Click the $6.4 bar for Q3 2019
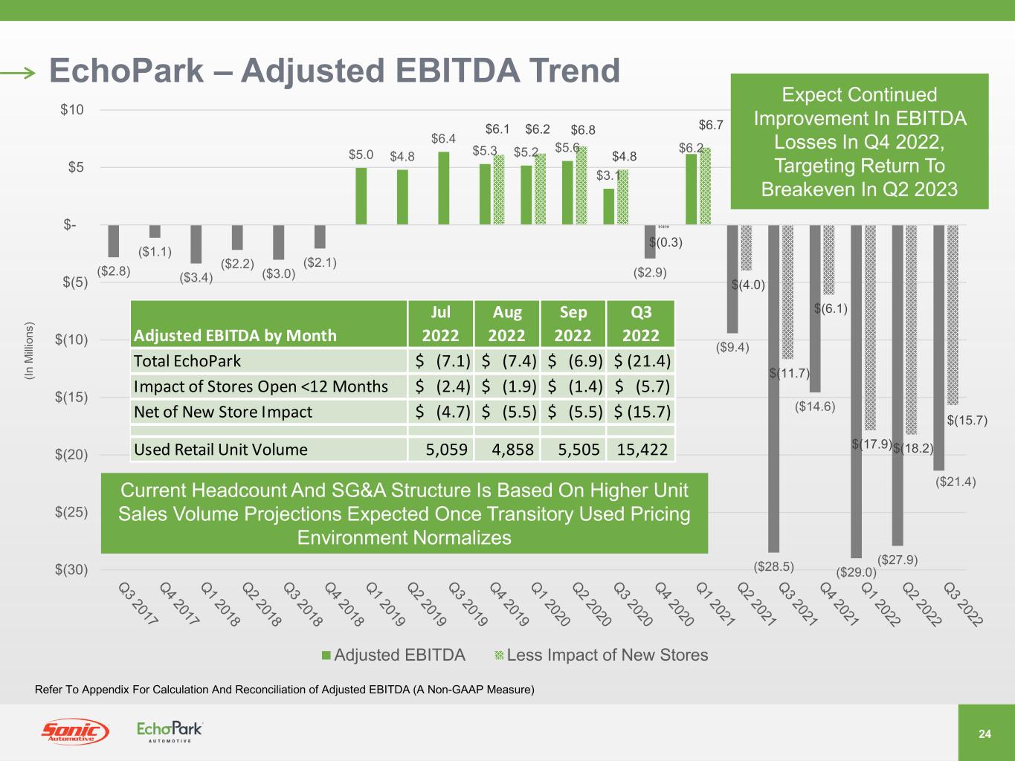click(444, 188)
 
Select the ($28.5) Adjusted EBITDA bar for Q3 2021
click(773, 386)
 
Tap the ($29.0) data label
click(857, 572)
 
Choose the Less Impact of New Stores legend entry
click(601, 655)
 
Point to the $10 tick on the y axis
click(72, 110)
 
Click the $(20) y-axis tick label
click(72, 455)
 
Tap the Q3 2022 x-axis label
click(963, 603)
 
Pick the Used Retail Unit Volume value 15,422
click(641, 449)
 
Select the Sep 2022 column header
click(573, 323)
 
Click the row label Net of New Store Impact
click(223, 412)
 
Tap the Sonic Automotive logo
click(74, 731)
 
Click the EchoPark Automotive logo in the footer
click(170, 731)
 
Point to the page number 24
click(985, 734)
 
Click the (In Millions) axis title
click(29, 351)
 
